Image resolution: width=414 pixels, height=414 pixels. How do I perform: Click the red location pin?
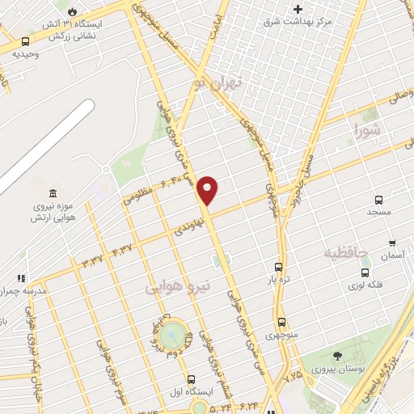click(x=208, y=190)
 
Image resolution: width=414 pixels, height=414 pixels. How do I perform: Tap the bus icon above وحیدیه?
click(x=26, y=41)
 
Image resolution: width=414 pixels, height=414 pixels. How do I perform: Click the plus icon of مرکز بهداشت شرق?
click(x=298, y=9)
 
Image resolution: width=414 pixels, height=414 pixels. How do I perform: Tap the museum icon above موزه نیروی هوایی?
click(x=53, y=193)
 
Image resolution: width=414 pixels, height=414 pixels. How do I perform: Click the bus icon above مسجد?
click(x=378, y=200)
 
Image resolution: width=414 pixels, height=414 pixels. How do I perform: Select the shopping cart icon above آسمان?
click(x=392, y=243)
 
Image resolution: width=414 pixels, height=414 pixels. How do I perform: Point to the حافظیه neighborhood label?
click(x=346, y=254)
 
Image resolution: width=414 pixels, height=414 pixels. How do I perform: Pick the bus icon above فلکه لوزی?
click(x=365, y=272)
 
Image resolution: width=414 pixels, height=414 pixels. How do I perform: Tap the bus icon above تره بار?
click(x=278, y=267)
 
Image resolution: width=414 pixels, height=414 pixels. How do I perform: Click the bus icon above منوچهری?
click(x=281, y=321)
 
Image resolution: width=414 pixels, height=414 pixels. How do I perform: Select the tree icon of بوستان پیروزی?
click(x=337, y=356)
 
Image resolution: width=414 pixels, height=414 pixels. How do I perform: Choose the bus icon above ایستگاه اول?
click(x=192, y=379)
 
